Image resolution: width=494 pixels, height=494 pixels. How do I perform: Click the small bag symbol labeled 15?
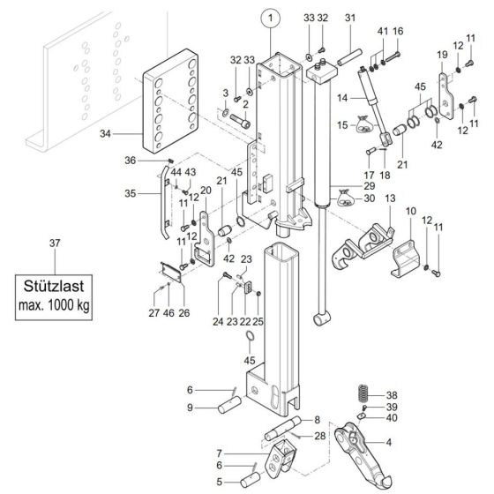(x=362, y=127)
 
